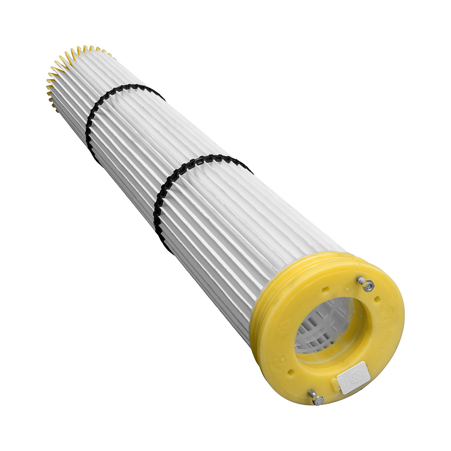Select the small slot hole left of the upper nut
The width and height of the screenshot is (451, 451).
click(x=325, y=289)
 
